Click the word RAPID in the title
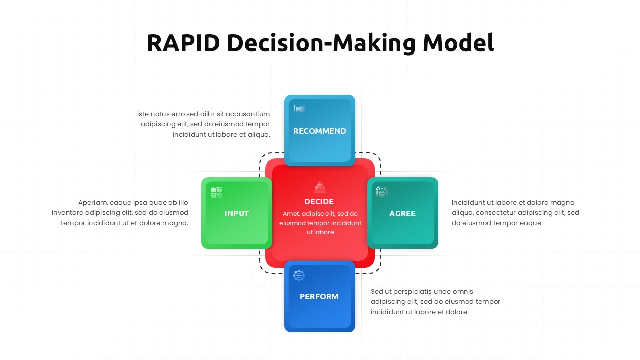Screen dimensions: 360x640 coord(183,43)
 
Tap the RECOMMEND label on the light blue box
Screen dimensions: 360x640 coord(319,131)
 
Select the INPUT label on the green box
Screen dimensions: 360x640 coord(236,214)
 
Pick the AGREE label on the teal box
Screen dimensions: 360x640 coord(402,214)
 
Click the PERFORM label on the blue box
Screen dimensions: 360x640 coord(319,297)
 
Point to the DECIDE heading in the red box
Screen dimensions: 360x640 coord(319,202)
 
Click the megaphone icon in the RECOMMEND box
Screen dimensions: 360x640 coord(299,109)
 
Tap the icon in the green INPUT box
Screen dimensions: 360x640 coord(216,192)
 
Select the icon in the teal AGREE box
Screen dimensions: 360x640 coord(382,192)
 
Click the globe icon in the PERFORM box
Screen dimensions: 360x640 coord(299,275)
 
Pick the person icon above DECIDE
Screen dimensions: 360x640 coord(320,187)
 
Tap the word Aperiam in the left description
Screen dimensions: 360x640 coord(93,203)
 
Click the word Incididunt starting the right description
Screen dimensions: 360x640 coord(470,203)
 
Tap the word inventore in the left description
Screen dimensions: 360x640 coord(68,213)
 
